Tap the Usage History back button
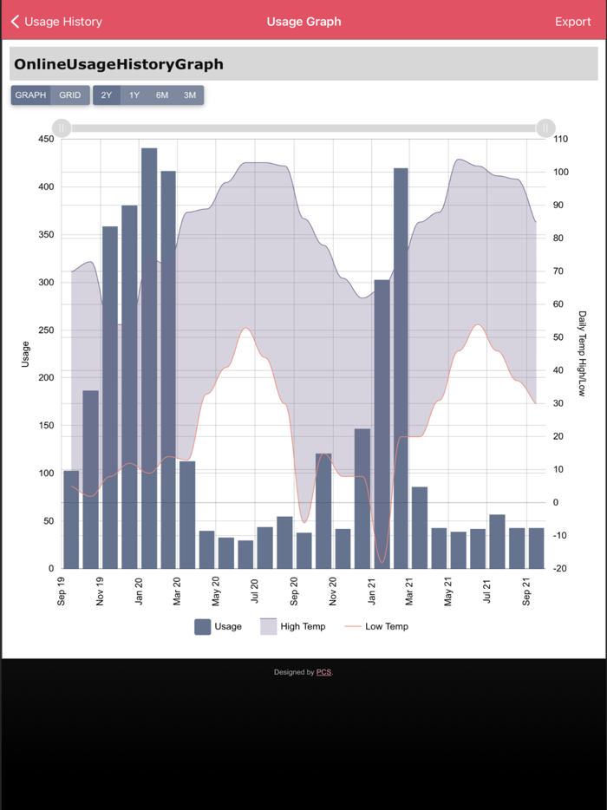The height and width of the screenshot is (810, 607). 56,22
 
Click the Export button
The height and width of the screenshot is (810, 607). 572,22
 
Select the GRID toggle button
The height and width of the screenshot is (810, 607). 70,95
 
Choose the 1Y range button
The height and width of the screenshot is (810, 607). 134,95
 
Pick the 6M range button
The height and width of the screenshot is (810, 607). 162,95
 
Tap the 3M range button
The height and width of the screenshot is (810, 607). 190,95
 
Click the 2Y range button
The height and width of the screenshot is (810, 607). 106,95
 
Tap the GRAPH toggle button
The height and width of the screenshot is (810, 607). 31,95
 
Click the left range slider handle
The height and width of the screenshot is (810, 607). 62,128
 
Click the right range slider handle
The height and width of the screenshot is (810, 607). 545,128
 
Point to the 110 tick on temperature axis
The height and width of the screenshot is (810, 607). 560,140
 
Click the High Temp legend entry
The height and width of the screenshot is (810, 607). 292,626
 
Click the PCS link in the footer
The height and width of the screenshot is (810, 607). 323,672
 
